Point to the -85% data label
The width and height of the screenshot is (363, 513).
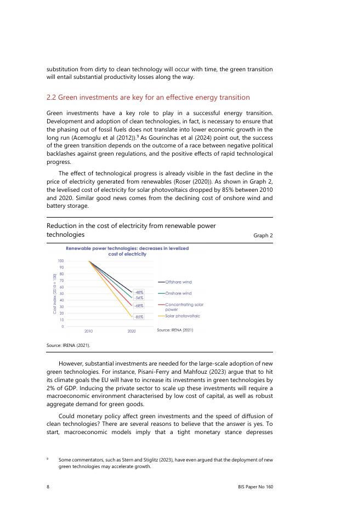pyautogui.click(x=139, y=317)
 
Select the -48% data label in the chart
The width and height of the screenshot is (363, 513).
pyautogui.click(x=139, y=292)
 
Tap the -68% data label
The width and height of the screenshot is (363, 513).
pyautogui.click(x=139, y=305)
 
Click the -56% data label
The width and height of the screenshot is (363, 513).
pyautogui.click(x=139, y=298)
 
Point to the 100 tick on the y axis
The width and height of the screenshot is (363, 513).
pyautogui.click(x=60, y=261)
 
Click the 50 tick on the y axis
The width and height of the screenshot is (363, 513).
pyautogui.click(x=61, y=294)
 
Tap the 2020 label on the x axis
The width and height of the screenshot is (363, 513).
pyautogui.click(x=132, y=331)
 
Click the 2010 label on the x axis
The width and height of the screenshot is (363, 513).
pyautogui.click(x=88, y=331)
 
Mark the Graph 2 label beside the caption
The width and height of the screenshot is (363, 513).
pyautogui.click(x=263, y=235)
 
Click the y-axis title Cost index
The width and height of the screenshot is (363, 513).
pyautogui.click(x=53, y=293)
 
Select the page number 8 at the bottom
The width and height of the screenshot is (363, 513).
pyautogui.click(x=48, y=486)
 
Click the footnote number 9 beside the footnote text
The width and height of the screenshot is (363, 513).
pyautogui.click(x=48, y=459)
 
